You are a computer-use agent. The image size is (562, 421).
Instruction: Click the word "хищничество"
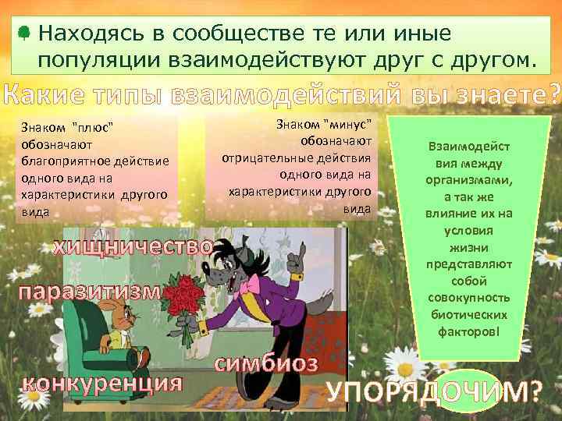(132, 248)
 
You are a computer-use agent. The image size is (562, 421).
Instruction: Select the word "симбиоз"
(266, 363)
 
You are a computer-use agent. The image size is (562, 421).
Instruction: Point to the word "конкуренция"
(102, 383)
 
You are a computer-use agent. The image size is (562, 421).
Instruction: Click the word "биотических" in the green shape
(468, 314)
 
